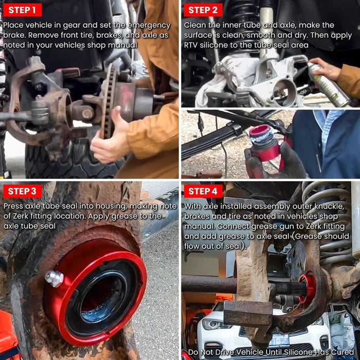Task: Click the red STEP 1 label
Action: [22, 10]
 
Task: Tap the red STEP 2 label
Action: [203, 10]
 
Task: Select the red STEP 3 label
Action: [22, 191]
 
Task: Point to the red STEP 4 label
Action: [203, 191]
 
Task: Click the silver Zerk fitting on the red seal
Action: [54, 279]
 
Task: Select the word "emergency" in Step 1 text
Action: [149, 25]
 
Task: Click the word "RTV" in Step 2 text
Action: [191, 45]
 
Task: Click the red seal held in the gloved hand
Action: [264, 143]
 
